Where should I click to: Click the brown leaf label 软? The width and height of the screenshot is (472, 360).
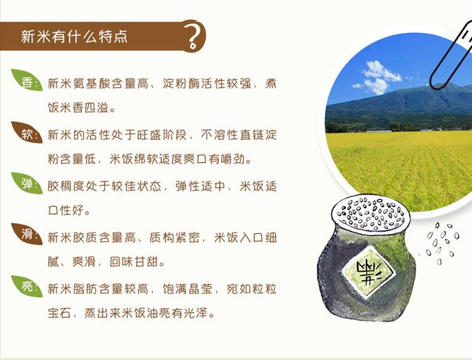[x=27, y=134]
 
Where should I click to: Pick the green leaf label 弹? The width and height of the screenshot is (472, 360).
[x=27, y=185]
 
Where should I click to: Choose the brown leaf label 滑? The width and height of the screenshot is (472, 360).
[x=27, y=236]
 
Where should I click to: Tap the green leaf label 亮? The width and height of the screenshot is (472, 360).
[x=27, y=287]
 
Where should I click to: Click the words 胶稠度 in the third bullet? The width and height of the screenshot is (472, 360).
[x=65, y=186]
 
